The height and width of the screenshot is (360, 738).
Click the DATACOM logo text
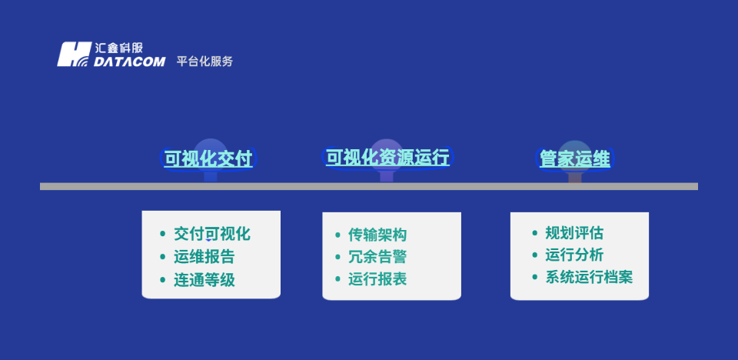tap(129, 62)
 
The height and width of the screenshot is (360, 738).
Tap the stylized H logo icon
tap(75, 55)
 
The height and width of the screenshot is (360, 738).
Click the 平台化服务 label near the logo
tap(204, 62)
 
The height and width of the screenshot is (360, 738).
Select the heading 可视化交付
tap(208, 159)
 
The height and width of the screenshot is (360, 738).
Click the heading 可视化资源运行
tap(387, 158)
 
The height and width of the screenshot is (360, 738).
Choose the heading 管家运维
tap(574, 159)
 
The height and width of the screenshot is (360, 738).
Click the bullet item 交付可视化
tap(212, 234)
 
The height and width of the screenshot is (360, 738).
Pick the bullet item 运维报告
tap(204, 257)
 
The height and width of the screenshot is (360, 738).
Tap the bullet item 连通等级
tap(204, 280)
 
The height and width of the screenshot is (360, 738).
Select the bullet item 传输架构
tap(377, 235)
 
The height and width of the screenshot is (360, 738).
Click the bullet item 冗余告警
tap(377, 257)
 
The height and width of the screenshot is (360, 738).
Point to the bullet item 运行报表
tap(377, 279)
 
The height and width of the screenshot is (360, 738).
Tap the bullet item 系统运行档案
tap(589, 278)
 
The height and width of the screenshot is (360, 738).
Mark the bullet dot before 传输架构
tap(338, 235)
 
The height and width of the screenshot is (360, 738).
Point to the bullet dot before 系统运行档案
tap(535, 278)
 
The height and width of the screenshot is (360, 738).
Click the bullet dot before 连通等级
tap(162, 280)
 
